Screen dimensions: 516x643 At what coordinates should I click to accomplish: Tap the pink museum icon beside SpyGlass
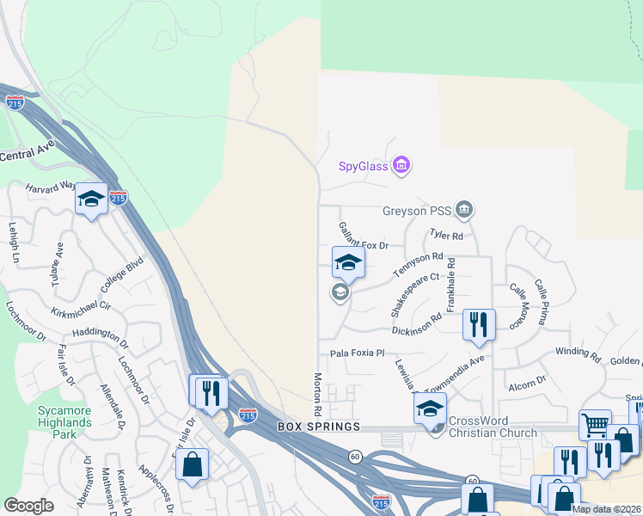click(x=401, y=164)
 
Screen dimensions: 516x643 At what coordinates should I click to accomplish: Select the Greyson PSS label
click(x=417, y=210)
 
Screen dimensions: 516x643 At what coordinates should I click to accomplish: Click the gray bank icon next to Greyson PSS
click(x=464, y=209)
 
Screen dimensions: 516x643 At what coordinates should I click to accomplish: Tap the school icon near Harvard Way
click(x=91, y=200)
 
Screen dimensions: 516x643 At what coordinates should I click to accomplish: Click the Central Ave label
click(x=28, y=156)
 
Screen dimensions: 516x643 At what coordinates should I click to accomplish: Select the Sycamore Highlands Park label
click(x=64, y=416)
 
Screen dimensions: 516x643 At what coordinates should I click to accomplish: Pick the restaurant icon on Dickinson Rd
click(x=479, y=325)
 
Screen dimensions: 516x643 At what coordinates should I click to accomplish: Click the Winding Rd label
click(x=578, y=353)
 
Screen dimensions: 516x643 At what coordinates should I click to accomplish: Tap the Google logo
click(x=28, y=506)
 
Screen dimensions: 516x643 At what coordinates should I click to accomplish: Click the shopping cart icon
click(x=595, y=424)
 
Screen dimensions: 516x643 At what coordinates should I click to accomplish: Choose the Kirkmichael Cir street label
click(x=82, y=308)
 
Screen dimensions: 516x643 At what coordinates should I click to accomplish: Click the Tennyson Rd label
click(x=418, y=263)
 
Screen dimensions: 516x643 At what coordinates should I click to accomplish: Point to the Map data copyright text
click(x=606, y=509)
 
